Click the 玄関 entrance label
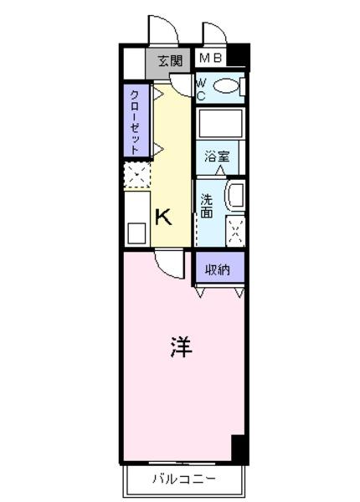pos(170,60)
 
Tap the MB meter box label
pos(210,58)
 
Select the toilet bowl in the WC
pos(226,86)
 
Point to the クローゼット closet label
pos(136,122)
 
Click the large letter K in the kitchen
pos(163,217)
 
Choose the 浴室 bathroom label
pos(217,156)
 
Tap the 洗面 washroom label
pos(207,206)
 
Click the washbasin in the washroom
pos(235,195)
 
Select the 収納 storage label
pos(218,270)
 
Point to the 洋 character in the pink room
pos(181,346)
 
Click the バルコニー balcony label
pos(184,479)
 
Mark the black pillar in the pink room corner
pos(239,448)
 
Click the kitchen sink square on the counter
pos(136,233)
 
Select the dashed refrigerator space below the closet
pos(137,175)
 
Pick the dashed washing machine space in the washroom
pos(235,231)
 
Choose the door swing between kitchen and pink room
pos(170,265)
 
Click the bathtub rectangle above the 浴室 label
pos(220,124)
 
